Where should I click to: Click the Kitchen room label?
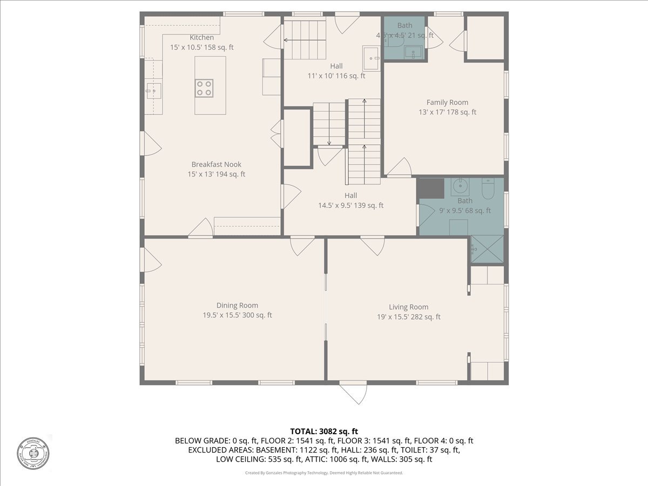click(x=201, y=38)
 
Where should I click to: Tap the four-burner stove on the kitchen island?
click(x=204, y=88)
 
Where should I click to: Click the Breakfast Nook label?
click(x=216, y=165)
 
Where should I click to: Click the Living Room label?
click(x=408, y=307)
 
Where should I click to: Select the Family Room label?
click(x=447, y=103)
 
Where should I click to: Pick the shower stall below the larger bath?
click(x=487, y=249)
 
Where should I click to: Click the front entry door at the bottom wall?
click(x=353, y=391)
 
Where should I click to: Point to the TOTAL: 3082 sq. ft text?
click(x=324, y=431)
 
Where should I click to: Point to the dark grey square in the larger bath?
click(x=429, y=188)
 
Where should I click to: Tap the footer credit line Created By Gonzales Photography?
click(x=324, y=473)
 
